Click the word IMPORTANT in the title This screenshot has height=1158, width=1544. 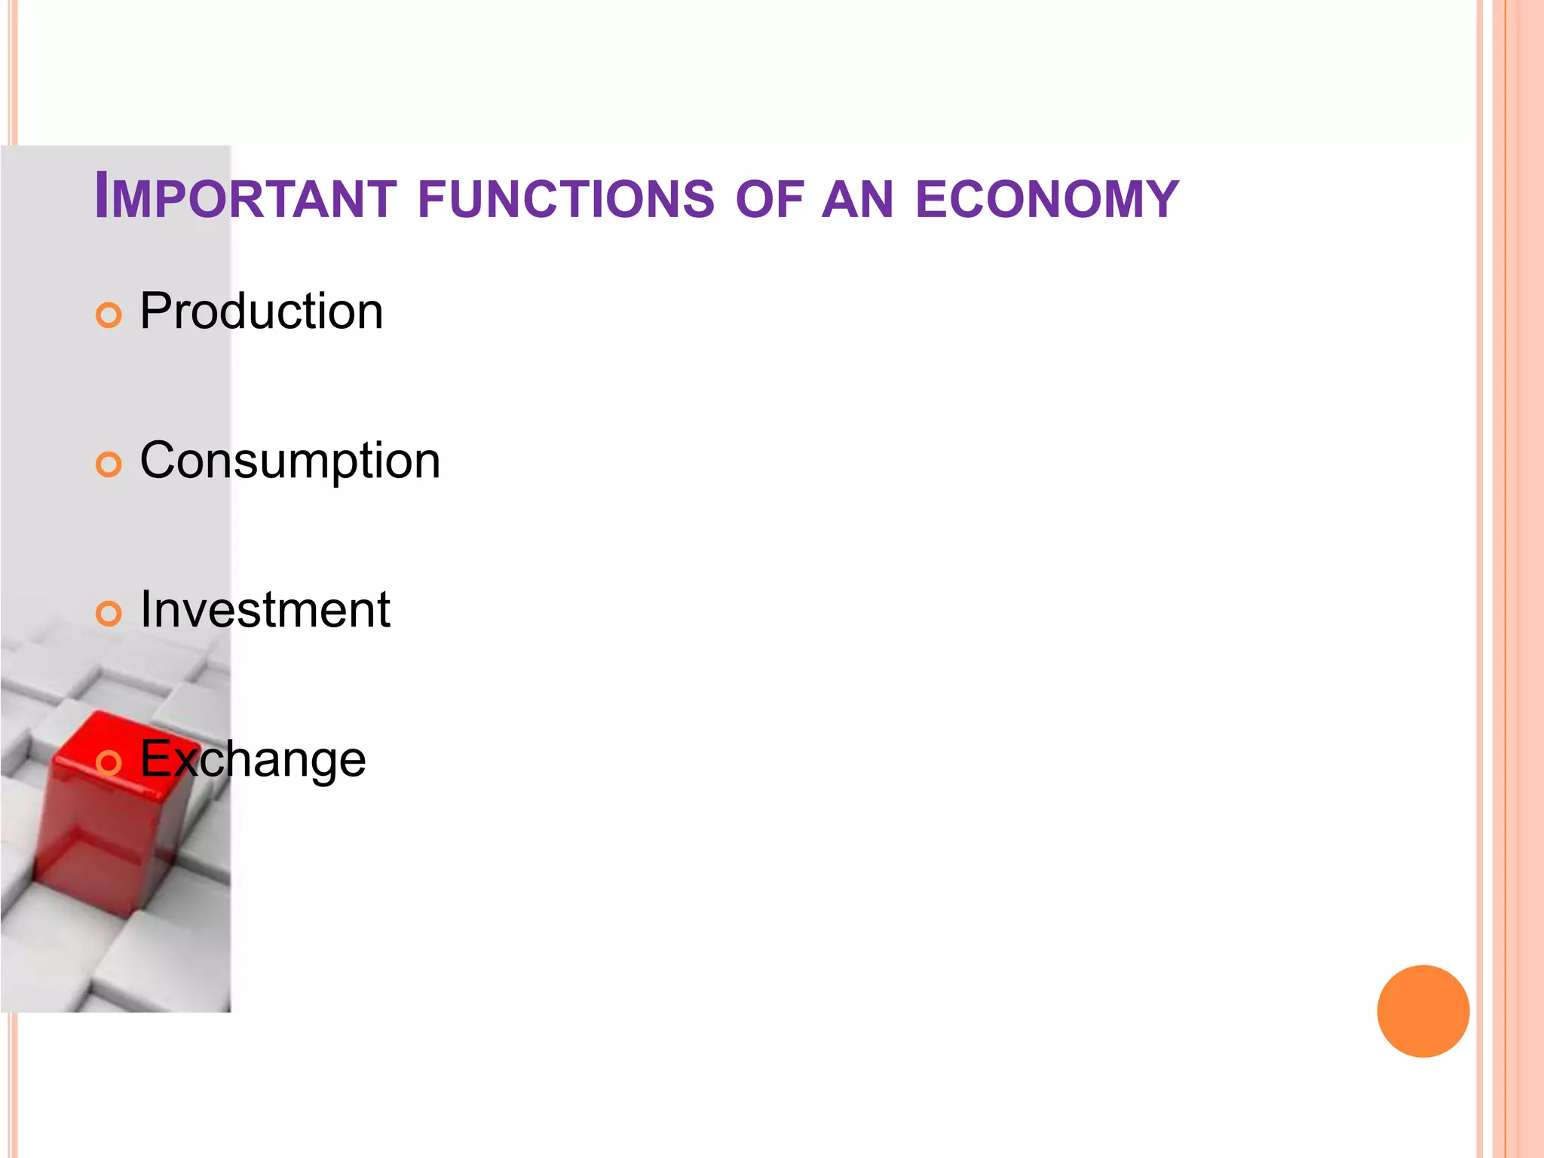[245, 198]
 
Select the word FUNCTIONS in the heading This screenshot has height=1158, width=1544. [565, 199]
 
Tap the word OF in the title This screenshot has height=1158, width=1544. [770, 199]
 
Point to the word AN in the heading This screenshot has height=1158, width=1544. [857, 199]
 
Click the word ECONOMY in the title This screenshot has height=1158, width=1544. [1047, 199]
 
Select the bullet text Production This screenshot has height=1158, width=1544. [262, 311]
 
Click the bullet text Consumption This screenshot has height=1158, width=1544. [290, 461]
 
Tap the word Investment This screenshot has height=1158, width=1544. [265, 609]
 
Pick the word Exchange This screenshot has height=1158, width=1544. [253, 758]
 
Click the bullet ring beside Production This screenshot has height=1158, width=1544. [109, 315]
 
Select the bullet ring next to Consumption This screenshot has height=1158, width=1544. [109, 464]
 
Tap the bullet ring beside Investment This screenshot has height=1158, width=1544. [109, 614]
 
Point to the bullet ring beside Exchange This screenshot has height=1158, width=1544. [109, 763]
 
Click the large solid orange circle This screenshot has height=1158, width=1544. [1423, 1011]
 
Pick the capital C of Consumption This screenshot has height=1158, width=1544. [161, 460]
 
